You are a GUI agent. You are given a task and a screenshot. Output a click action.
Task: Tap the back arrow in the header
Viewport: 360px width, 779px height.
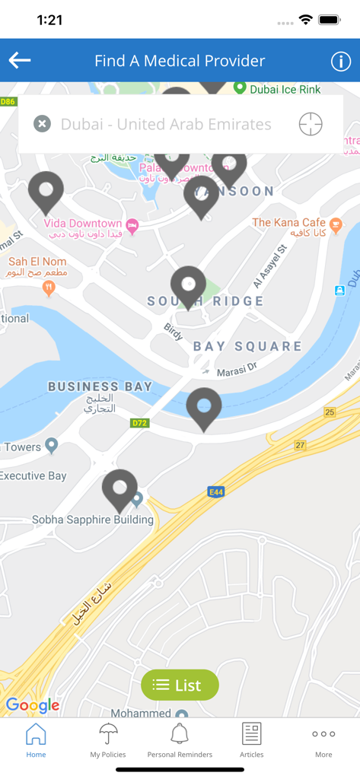click(x=20, y=61)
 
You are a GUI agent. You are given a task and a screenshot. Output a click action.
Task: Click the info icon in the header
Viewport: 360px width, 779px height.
click(x=339, y=62)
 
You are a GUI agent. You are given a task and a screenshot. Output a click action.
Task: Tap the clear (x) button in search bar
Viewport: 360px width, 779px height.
click(x=43, y=123)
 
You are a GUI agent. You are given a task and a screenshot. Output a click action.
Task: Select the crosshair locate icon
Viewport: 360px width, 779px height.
click(x=311, y=123)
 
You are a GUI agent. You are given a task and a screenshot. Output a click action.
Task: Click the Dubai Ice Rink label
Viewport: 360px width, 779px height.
click(x=285, y=89)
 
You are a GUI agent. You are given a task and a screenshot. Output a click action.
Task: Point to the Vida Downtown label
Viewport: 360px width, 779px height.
click(x=83, y=224)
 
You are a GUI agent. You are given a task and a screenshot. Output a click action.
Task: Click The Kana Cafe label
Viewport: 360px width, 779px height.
click(x=288, y=223)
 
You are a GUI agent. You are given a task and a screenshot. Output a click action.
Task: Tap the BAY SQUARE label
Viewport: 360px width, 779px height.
click(x=247, y=346)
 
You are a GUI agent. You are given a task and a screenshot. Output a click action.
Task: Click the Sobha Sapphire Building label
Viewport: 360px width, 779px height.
click(x=92, y=520)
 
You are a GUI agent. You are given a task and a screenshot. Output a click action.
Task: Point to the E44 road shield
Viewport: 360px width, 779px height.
click(x=216, y=492)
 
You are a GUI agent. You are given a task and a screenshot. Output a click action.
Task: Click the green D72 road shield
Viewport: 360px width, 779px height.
click(x=139, y=423)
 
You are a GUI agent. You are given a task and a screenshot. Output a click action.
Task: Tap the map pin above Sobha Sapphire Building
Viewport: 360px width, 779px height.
click(x=119, y=488)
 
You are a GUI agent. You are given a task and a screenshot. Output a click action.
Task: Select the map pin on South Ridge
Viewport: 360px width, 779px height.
click(x=188, y=286)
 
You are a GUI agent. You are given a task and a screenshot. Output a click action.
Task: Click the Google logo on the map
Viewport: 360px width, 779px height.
click(x=33, y=705)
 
